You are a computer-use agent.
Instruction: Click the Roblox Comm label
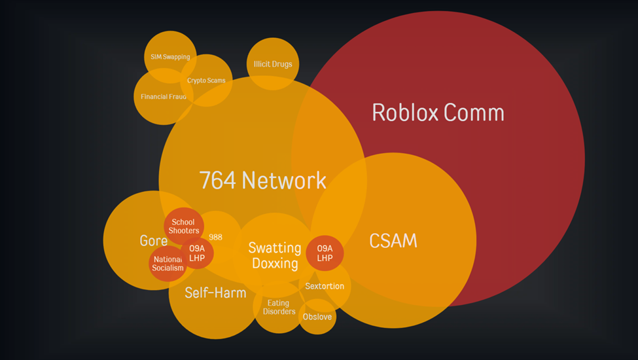438,113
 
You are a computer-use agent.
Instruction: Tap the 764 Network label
263,180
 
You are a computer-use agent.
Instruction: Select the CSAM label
393,240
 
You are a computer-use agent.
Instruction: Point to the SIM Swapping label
170,57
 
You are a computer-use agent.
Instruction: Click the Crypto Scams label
206,81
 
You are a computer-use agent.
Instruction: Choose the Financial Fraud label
164,97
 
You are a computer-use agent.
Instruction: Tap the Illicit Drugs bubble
273,64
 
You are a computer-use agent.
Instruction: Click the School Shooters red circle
184,226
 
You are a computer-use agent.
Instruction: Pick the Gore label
153,241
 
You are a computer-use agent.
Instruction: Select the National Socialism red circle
168,264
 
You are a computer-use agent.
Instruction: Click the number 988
215,237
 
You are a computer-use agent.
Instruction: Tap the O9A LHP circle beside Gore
197,253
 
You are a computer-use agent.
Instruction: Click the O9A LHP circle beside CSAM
325,253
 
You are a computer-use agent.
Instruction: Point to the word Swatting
275,247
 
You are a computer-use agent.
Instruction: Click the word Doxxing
275,263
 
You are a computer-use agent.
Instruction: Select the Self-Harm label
215,293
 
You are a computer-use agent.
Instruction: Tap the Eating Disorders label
279,307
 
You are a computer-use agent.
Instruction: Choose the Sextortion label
325,287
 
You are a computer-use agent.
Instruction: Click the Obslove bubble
317,317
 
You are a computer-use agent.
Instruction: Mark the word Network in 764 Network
284,180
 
